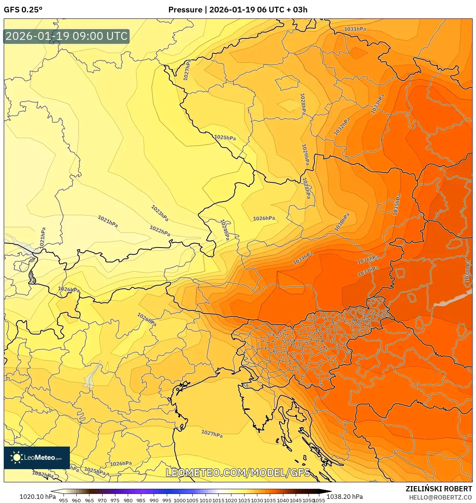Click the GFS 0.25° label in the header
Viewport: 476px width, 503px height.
tap(23, 10)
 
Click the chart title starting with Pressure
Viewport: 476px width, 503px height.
tap(237, 10)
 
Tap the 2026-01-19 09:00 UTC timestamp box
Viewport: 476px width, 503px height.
tap(66, 36)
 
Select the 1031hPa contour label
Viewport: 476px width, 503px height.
tap(355, 29)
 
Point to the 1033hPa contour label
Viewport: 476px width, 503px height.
tap(378, 104)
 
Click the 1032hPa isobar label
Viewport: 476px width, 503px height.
tap(342, 127)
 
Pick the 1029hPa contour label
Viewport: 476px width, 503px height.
tap(305, 155)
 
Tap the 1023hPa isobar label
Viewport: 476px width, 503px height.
tap(160, 213)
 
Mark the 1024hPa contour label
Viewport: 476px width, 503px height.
tap(225, 229)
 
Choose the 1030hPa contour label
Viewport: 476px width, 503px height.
tap(342, 222)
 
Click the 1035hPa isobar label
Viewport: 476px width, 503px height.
tap(397, 205)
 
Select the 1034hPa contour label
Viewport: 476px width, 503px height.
tap(303, 258)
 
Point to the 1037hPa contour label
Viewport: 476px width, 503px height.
tap(368, 271)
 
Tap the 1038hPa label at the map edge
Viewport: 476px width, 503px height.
tap(467, 271)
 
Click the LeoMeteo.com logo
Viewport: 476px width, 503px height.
tap(37, 457)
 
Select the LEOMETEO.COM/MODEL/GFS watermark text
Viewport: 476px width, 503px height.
tap(238, 473)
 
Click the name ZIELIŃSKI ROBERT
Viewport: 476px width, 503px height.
tap(438, 489)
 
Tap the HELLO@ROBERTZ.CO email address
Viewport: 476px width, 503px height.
tap(440, 497)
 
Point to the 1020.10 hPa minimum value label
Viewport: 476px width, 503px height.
tap(38, 497)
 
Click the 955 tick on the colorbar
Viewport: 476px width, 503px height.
tap(63, 500)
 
